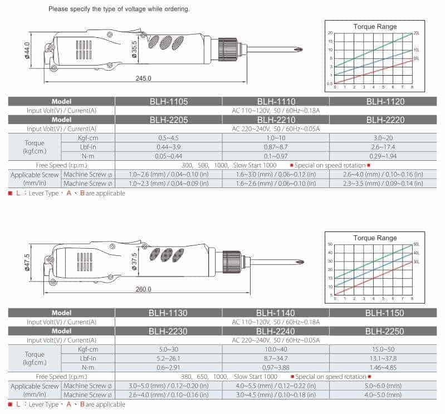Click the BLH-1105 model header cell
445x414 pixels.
[x=168, y=101]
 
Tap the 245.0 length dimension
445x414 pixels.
[x=143, y=78]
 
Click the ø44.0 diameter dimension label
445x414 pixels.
[x=27, y=52]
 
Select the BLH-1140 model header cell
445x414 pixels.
[x=276, y=313]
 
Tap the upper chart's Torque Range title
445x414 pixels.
[x=375, y=26]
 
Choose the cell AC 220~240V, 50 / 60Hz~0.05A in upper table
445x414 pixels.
[x=276, y=129]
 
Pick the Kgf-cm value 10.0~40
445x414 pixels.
[x=276, y=349]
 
